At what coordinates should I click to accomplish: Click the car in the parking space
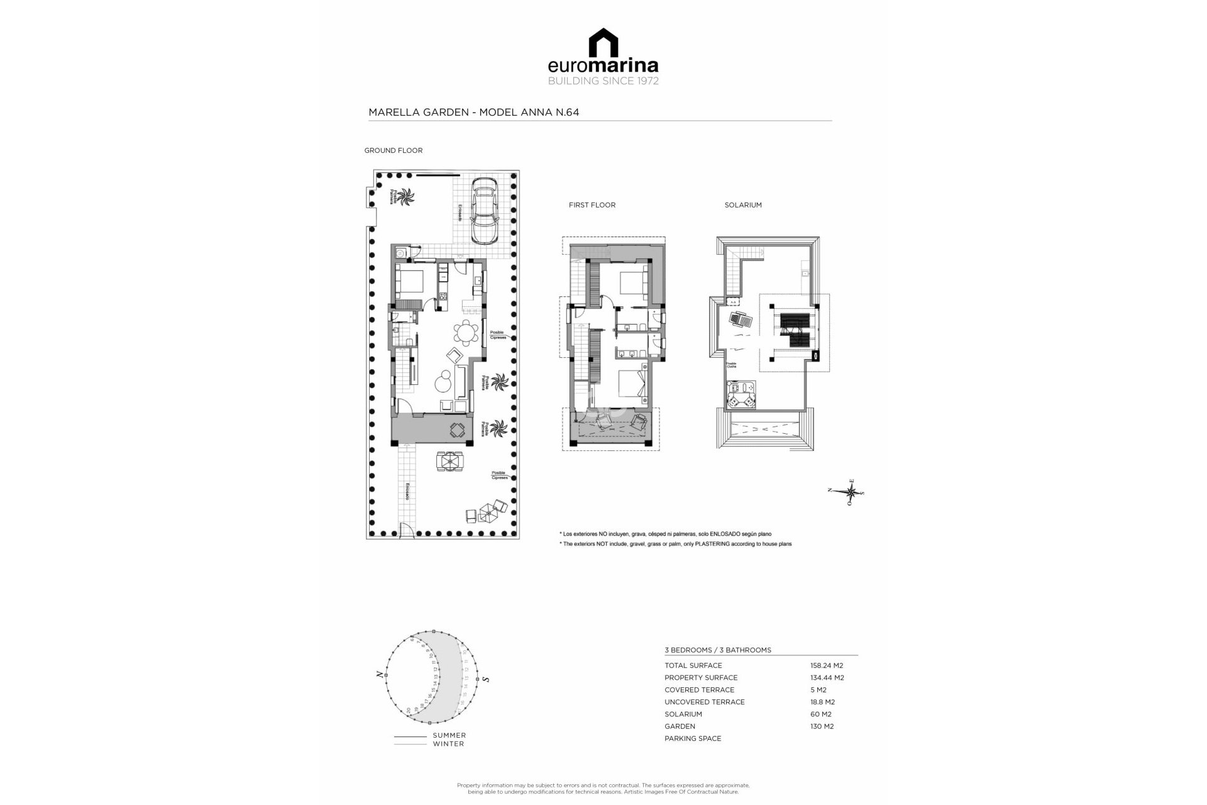(483, 211)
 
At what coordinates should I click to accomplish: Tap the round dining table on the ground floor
(466, 333)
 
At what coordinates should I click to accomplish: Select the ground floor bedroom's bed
(409, 280)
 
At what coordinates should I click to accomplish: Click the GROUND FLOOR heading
(393, 150)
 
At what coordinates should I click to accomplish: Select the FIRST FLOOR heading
(592, 205)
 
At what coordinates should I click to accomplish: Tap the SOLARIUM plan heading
(742, 205)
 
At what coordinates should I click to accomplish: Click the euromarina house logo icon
(603, 42)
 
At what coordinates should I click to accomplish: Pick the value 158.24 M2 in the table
(826, 665)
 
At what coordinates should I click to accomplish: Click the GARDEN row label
(680, 726)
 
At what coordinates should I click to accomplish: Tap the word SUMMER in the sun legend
(449, 735)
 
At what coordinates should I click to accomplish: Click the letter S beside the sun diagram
(487, 680)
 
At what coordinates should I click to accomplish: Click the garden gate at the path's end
(407, 531)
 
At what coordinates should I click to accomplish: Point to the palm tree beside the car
(404, 197)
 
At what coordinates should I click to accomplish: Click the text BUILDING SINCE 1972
(603, 81)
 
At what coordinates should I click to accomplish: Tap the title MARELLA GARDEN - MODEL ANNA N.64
(473, 113)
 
